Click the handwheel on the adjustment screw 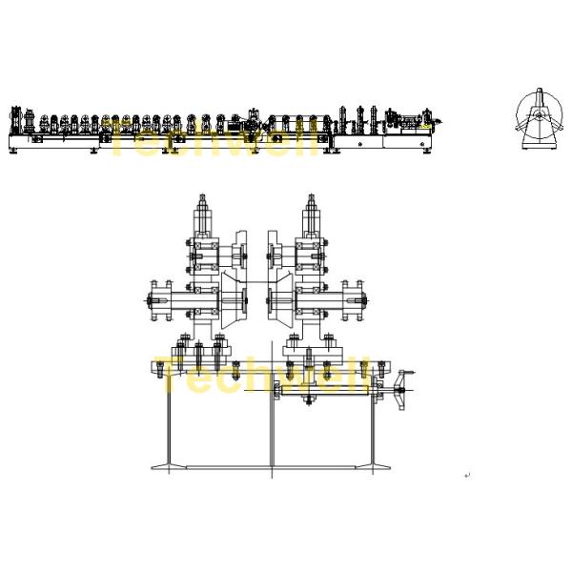pyautogui.click(x=401, y=391)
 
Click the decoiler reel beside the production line pyautogui.click(x=540, y=118)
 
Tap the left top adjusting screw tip pyautogui.click(x=202, y=196)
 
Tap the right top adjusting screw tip pyautogui.click(x=311, y=196)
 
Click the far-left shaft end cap pyautogui.click(x=150, y=300)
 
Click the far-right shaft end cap pyautogui.click(x=363, y=300)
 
